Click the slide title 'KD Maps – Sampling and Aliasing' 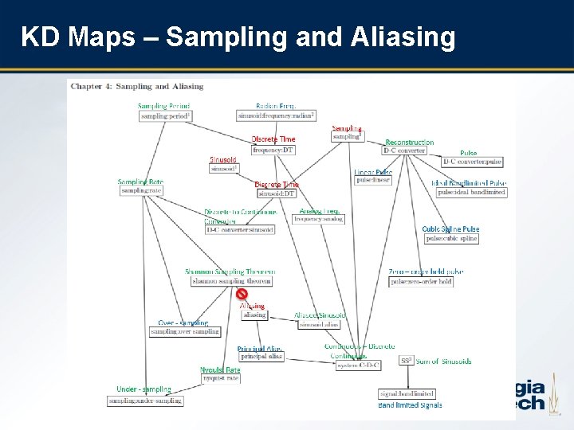click(x=238, y=37)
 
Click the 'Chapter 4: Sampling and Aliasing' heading click(x=137, y=86)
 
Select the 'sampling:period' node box click(x=166, y=116)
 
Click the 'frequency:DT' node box click(x=274, y=150)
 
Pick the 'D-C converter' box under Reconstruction click(x=404, y=150)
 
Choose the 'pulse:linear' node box click(x=373, y=181)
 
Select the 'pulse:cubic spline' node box click(x=451, y=238)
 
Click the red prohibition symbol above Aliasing click(x=242, y=294)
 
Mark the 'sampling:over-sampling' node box click(x=185, y=331)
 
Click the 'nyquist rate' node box click(x=221, y=378)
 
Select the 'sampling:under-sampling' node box click(x=146, y=401)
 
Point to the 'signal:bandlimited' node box click(x=407, y=393)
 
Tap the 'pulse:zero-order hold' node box click(x=422, y=281)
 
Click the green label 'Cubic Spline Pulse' click(x=450, y=229)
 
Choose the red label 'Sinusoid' click(x=223, y=159)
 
